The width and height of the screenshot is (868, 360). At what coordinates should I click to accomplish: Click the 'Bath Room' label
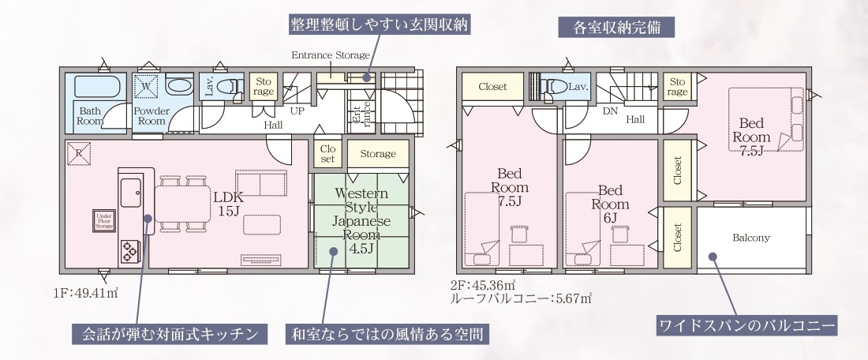tap(90, 116)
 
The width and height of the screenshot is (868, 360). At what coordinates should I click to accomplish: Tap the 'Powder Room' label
tap(152, 116)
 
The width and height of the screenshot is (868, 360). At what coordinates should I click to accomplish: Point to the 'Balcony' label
tap(751, 237)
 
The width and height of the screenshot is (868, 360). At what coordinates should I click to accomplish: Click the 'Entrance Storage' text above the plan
tap(331, 55)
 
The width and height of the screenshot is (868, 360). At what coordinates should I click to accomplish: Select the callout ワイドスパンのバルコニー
tap(746, 324)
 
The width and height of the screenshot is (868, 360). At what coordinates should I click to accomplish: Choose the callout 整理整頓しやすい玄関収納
tap(379, 24)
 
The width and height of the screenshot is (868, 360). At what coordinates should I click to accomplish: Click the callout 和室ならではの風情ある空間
tap(385, 334)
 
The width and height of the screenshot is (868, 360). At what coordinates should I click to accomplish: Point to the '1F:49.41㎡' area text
tap(86, 294)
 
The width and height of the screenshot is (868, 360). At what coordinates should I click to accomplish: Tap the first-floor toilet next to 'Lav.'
tap(231, 86)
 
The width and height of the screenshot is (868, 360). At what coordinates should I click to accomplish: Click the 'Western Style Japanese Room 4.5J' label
tap(361, 221)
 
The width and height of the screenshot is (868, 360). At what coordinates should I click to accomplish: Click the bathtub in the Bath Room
tap(94, 85)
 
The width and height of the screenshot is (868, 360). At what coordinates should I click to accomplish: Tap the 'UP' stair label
tap(297, 111)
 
